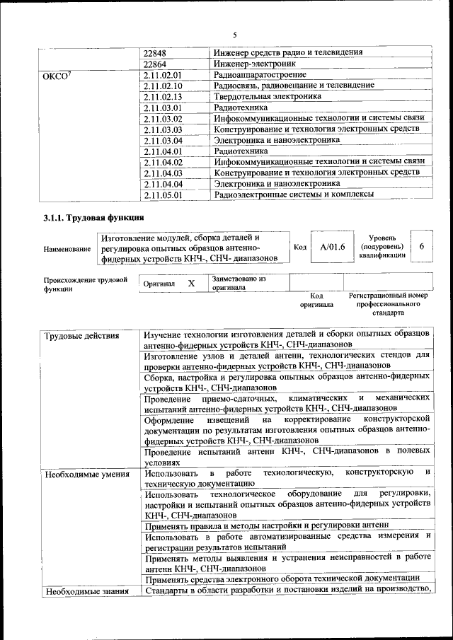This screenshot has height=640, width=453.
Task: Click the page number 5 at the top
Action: pos(234,35)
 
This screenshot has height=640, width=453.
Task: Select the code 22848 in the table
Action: pos(155,52)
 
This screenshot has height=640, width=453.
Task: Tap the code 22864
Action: pos(155,64)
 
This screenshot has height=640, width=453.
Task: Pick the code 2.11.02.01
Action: pos(163,74)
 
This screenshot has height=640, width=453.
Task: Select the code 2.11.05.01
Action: pos(163,194)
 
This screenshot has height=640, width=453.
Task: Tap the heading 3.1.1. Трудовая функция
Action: pos(94,217)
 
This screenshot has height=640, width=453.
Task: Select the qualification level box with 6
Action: pos(422,247)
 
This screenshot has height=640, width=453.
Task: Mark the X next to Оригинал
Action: pos(191,283)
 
